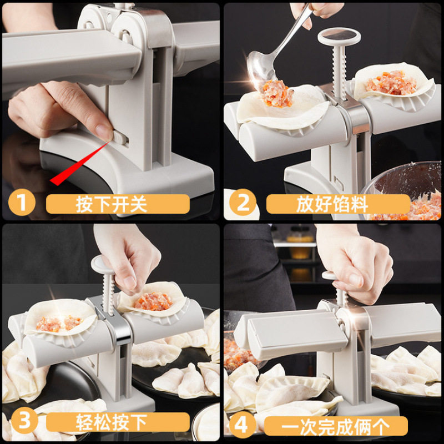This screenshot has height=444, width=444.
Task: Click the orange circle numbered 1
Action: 21,203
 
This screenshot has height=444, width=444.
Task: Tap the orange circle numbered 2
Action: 243,203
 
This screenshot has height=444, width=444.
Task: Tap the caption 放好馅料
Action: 333,204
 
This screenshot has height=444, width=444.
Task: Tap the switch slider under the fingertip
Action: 120,138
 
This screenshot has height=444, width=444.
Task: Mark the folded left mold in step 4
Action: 283,333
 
